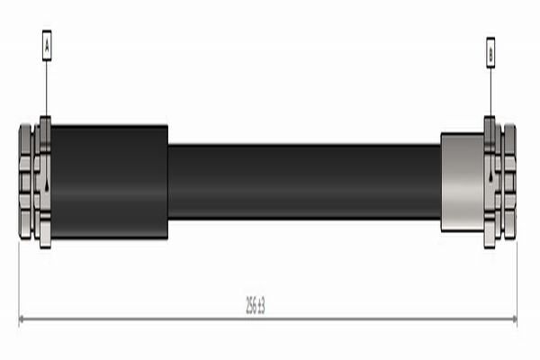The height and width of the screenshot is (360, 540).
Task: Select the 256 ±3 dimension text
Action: (255, 305)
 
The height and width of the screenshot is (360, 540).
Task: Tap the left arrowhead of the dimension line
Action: (22, 319)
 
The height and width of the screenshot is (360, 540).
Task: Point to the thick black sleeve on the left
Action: (109, 182)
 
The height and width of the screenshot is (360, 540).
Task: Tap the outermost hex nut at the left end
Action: (25, 182)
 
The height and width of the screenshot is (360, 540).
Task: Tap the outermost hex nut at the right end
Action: (509, 182)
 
